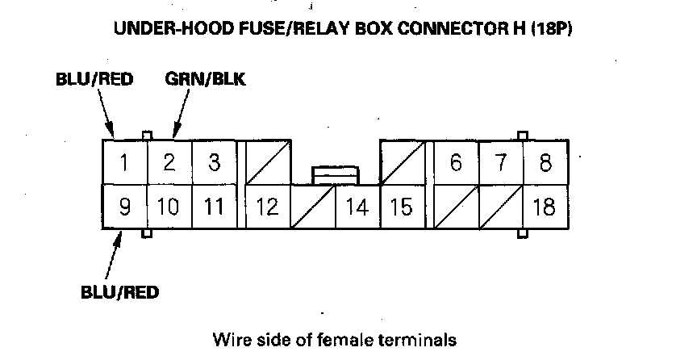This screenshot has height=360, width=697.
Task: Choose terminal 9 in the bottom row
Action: [124, 207]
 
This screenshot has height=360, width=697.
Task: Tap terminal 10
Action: [169, 207]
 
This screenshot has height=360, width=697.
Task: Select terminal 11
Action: [214, 207]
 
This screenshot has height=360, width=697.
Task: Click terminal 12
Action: [267, 207]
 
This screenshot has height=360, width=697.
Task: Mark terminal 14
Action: [357, 207]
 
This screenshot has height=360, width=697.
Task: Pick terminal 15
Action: [401, 207]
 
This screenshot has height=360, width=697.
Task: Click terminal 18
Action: [545, 207]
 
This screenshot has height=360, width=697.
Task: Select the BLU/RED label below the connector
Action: [119, 292]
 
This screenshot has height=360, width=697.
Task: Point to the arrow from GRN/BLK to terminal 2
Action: [182, 113]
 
